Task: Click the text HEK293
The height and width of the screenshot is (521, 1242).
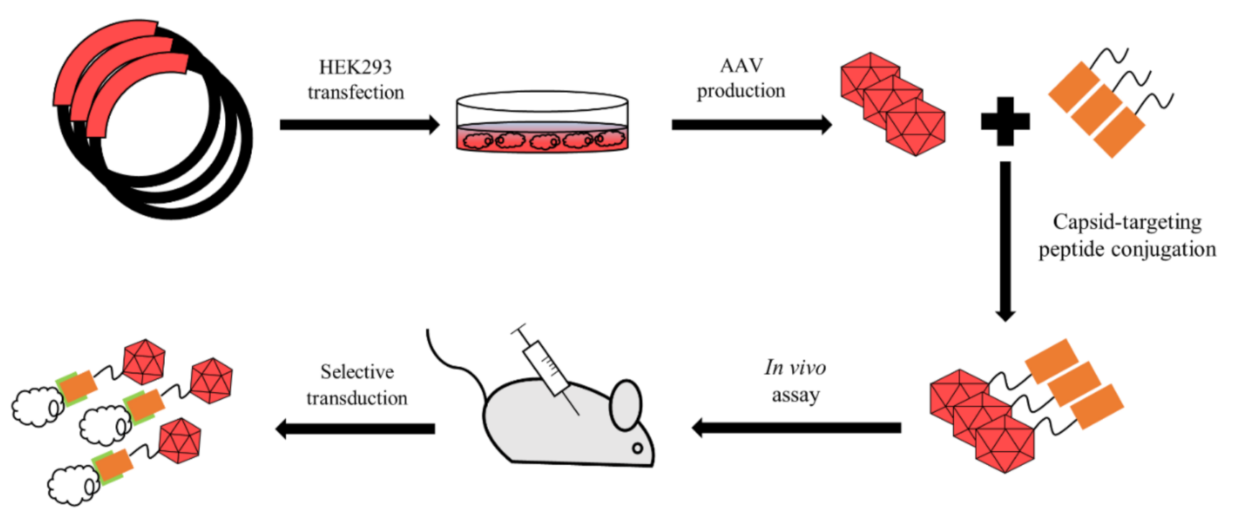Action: tap(355, 67)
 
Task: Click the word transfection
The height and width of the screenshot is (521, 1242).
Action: tap(355, 92)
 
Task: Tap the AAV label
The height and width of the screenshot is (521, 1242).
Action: tap(740, 65)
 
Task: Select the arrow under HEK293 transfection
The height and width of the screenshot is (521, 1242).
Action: tap(358, 124)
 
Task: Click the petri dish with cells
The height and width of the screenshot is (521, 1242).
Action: tap(541, 122)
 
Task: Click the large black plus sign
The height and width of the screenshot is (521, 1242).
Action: tap(1005, 122)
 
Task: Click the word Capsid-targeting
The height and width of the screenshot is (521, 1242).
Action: tap(1126, 222)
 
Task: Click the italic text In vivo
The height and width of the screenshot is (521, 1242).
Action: tap(794, 368)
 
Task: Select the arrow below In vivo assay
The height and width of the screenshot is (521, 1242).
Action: tap(795, 427)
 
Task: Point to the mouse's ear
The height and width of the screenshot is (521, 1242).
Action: tap(625, 404)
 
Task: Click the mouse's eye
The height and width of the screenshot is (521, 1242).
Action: tap(637, 448)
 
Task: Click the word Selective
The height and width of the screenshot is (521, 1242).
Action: tap(357, 371)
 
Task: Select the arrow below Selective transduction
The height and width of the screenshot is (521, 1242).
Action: tap(355, 428)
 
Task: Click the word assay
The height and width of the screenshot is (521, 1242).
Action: tap(795, 395)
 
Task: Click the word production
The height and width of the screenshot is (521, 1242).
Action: tap(740, 91)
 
